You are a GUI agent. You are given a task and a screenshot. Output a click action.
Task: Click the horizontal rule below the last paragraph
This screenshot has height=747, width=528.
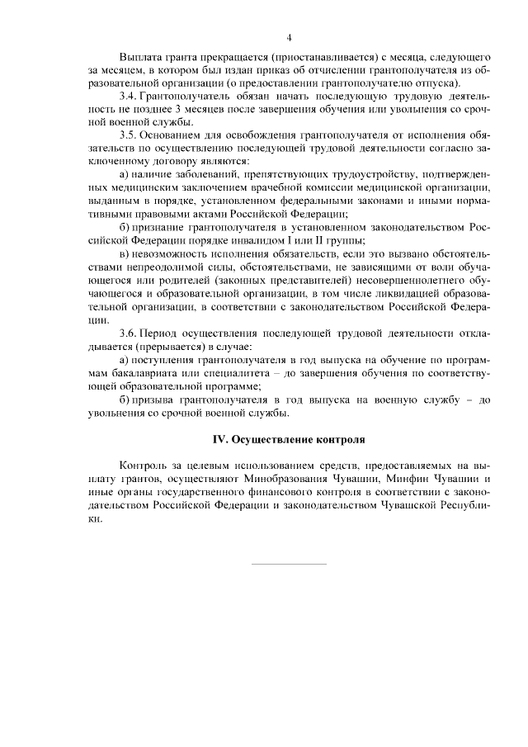coord(288,564)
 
